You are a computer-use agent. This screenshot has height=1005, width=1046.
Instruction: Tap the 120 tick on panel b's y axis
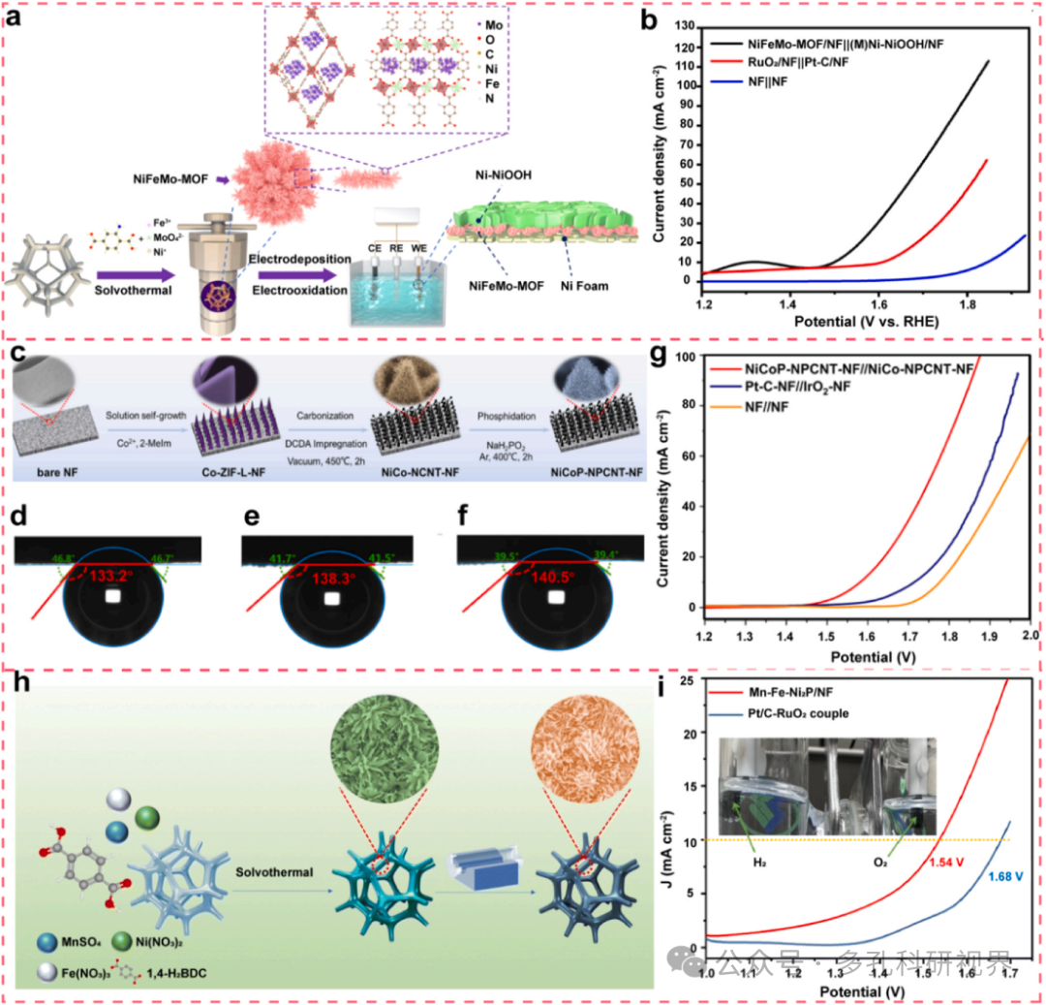[687, 47]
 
